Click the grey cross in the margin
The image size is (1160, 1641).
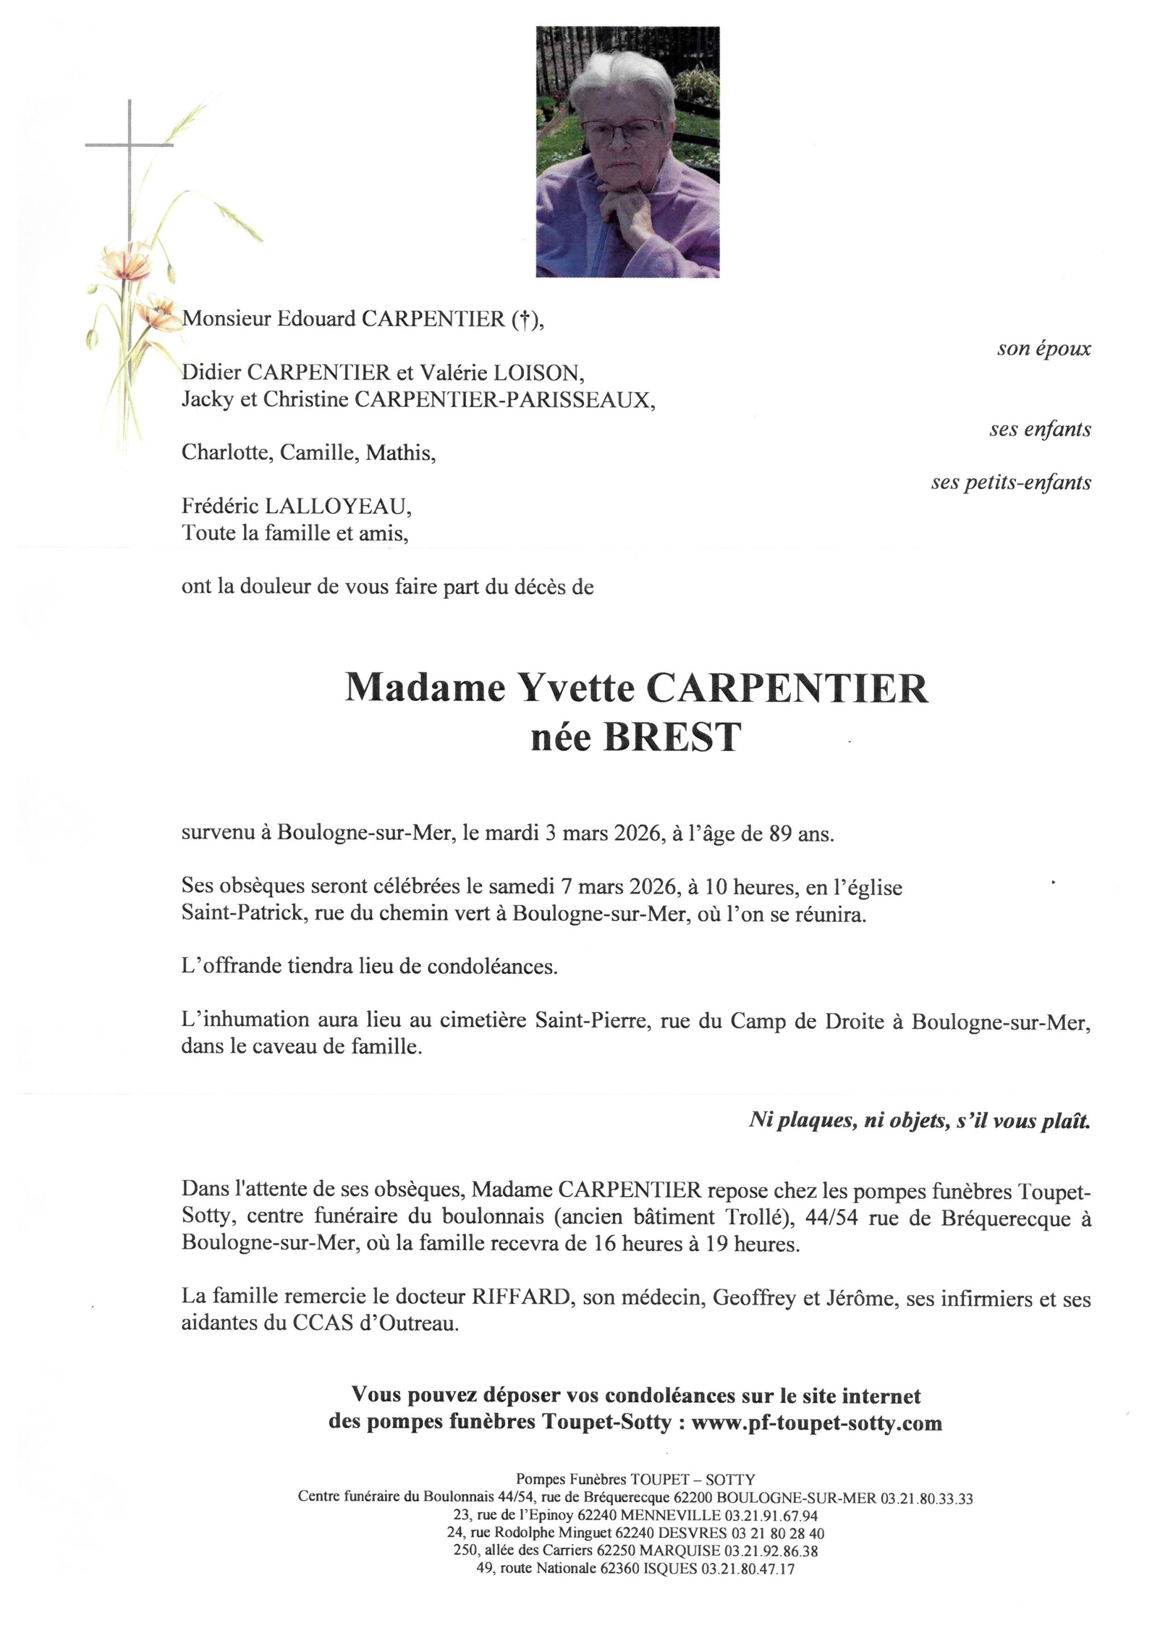point(129,146)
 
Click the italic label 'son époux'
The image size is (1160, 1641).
point(1044,349)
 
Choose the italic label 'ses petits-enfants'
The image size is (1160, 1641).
point(1011,483)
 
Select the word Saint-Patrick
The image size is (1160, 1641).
point(242,913)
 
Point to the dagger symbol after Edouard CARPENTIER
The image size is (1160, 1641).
point(525,320)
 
